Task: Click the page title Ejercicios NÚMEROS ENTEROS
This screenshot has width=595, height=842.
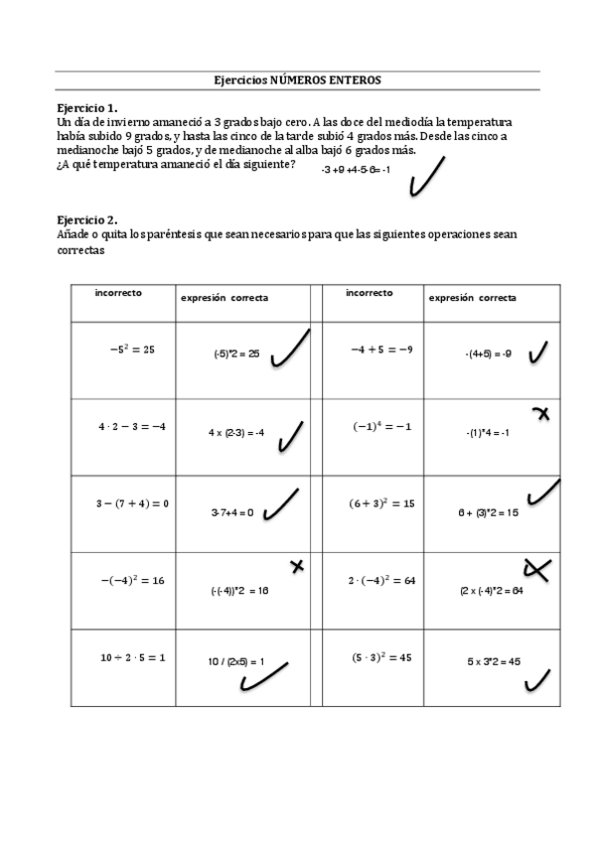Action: pos(297,80)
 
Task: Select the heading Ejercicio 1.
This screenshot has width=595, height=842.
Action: pos(87,106)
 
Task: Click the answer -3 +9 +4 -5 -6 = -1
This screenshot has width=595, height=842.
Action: pos(355,170)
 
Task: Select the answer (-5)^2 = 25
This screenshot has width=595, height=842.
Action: pos(235,353)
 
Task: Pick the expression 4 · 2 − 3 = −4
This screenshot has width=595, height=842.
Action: pos(131,426)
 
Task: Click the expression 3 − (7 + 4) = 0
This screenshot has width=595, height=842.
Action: pos(132,503)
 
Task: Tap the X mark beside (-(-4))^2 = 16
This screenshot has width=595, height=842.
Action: pos(295,566)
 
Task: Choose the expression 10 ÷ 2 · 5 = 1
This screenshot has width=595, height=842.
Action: pos(132,657)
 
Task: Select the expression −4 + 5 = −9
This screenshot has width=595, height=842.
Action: pos(380,350)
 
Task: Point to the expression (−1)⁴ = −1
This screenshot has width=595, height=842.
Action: pos(381,426)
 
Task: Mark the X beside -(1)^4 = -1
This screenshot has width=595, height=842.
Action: pos(541,413)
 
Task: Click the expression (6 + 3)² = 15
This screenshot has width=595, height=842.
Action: pos(380,503)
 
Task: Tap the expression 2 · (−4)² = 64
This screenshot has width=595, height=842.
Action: pos(380,580)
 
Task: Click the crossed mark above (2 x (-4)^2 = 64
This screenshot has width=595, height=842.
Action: pos(537,569)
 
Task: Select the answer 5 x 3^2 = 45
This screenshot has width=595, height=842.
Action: pos(494,661)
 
